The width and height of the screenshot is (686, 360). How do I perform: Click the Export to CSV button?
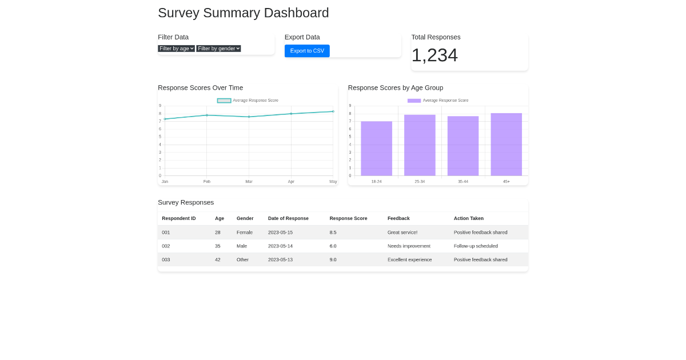coord(307,51)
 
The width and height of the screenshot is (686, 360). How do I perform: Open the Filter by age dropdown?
coord(176,49)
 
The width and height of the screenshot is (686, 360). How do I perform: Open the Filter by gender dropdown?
coord(218,49)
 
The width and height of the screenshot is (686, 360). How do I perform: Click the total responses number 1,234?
coord(434,55)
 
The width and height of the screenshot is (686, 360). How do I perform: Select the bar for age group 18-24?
coord(376,149)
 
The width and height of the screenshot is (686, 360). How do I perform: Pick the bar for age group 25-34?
coord(420,145)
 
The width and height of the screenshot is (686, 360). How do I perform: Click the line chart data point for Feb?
coord(207,115)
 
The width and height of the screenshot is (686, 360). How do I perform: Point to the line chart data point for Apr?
coord(291,114)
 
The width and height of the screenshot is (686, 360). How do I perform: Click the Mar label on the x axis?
coord(249,182)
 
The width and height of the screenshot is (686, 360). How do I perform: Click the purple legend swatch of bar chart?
coord(414,101)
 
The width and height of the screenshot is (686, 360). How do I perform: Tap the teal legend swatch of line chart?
coord(224,101)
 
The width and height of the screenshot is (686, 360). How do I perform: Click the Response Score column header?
coord(348,218)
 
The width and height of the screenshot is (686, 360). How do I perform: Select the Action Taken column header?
coord(468,218)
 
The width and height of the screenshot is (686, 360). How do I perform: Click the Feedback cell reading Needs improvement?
coord(409,246)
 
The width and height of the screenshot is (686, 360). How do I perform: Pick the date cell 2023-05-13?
coord(280,260)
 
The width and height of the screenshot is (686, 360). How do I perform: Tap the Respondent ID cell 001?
coord(166,233)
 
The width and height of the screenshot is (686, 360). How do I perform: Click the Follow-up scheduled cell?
coord(476,246)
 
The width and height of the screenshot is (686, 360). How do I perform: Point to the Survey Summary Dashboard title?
coord(243,13)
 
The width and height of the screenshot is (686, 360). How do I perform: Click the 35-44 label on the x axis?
coord(462,182)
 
